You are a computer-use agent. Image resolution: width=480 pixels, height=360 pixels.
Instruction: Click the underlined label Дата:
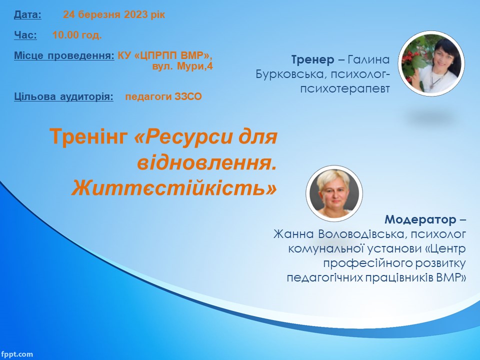[x=27, y=14]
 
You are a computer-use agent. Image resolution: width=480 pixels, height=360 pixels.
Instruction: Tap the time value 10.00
[x=65, y=35]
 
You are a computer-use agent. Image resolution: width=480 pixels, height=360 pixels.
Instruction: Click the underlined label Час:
[x=25, y=35]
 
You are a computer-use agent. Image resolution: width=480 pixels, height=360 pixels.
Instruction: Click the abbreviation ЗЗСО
[x=188, y=96]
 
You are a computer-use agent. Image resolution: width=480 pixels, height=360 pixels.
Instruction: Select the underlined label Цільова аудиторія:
[x=63, y=96]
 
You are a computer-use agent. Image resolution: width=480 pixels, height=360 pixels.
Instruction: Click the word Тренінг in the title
[x=89, y=136]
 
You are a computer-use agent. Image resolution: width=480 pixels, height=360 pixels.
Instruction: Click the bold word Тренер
[x=313, y=59]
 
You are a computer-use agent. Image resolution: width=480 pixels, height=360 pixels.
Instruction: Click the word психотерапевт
[x=345, y=89]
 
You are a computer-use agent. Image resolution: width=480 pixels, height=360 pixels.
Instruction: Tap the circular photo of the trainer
[x=431, y=63]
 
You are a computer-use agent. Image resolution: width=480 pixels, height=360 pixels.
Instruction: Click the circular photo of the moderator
[x=334, y=193]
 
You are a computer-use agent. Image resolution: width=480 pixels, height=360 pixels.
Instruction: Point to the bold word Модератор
[x=420, y=219]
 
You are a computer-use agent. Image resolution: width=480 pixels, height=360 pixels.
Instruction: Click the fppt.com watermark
[x=16, y=354]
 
